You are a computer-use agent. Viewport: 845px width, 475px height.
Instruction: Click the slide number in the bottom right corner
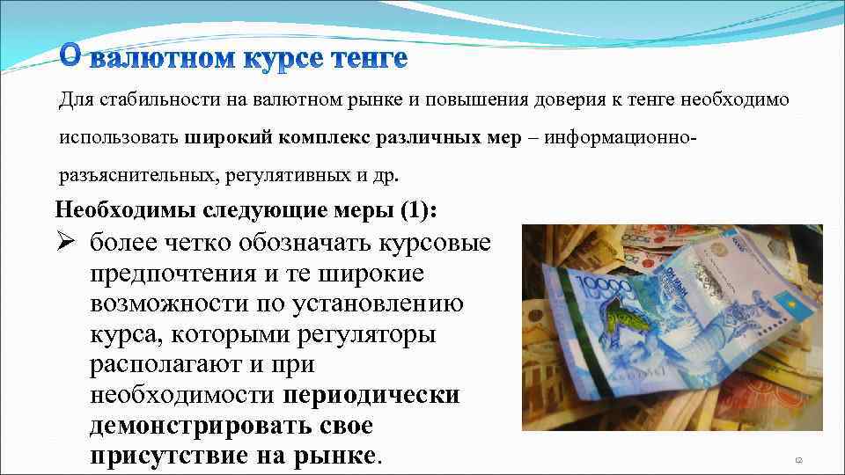pos(799,459)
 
